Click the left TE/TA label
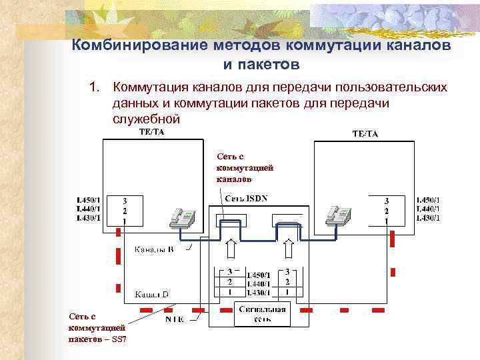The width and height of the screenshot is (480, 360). [x=151, y=132]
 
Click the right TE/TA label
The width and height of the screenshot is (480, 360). [x=365, y=134]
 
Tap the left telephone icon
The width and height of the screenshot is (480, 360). [x=181, y=217]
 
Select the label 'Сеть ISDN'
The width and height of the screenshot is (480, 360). [x=247, y=198]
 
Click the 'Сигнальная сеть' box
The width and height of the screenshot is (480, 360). [x=263, y=314]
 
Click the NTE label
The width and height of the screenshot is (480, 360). [x=175, y=319]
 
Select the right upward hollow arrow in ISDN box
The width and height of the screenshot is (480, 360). [x=291, y=249]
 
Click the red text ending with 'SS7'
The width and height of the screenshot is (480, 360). [x=97, y=328]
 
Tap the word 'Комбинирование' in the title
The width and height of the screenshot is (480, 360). [x=139, y=46]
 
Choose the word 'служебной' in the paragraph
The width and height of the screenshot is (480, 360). [x=147, y=119]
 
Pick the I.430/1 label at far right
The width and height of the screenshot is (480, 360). [x=427, y=217]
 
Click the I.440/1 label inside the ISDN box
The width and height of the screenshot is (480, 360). [x=259, y=283]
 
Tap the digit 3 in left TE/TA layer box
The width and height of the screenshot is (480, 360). [x=124, y=200]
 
